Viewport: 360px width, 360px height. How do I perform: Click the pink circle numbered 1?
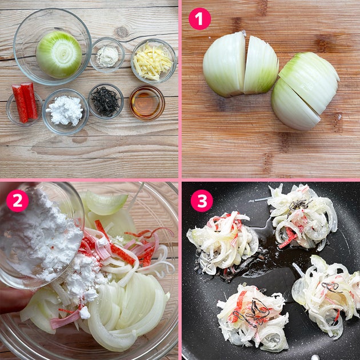click(x=199, y=19)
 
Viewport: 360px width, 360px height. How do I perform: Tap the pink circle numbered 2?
click(x=18, y=201)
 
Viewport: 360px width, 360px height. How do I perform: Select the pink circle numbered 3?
click(x=202, y=201)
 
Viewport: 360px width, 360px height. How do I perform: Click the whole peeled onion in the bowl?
click(x=59, y=55)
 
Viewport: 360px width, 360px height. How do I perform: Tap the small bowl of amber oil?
click(x=147, y=103)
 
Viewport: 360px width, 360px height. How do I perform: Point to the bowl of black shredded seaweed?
click(x=106, y=101)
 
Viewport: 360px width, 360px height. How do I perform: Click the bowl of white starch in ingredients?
click(x=66, y=112)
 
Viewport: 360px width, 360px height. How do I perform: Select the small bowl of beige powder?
click(x=107, y=55)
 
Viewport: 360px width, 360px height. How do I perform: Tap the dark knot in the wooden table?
click(x=121, y=31)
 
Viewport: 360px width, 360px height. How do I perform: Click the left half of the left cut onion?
click(x=224, y=65)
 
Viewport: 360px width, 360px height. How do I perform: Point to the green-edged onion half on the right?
click(x=305, y=91)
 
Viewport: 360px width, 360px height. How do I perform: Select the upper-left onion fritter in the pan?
click(x=222, y=243)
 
